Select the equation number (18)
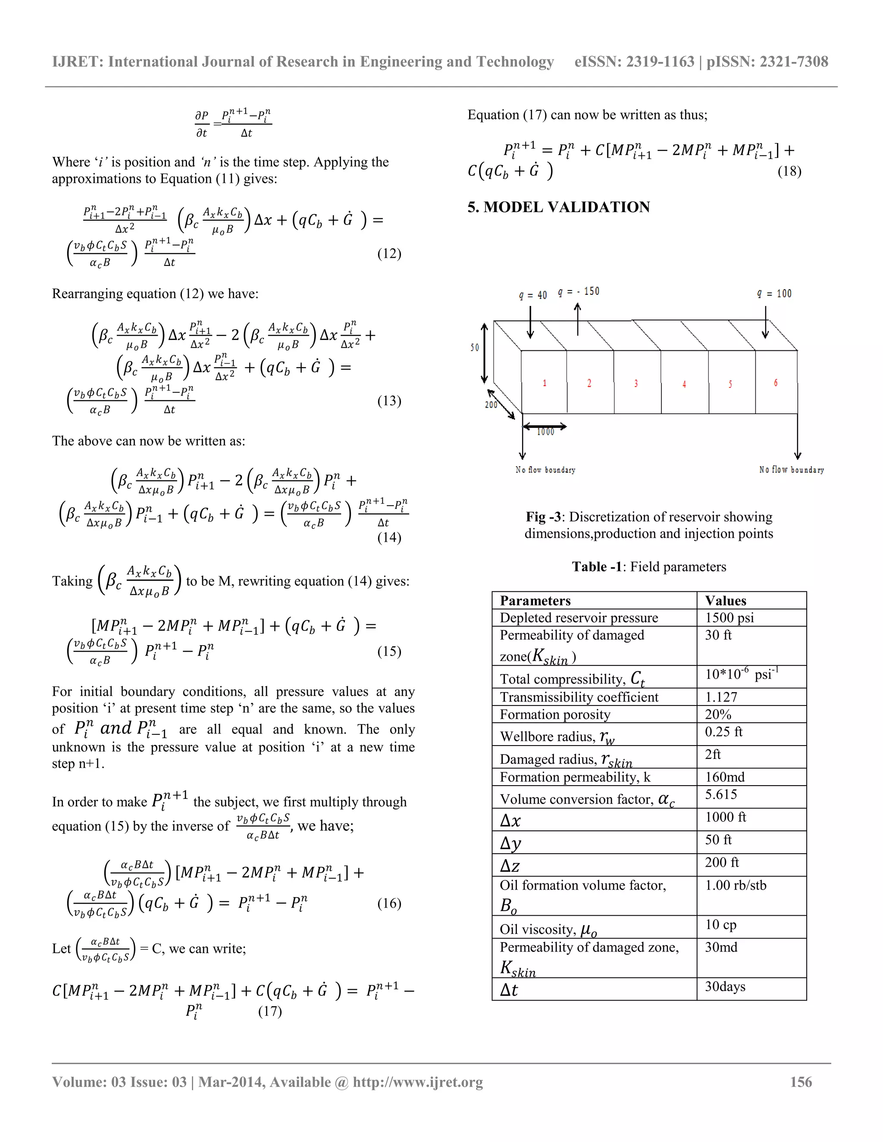(789, 172)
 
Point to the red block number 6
(775, 383)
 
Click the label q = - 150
(579, 291)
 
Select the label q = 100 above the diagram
(774, 294)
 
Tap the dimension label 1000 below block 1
(545, 432)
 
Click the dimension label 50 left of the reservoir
(474, 347)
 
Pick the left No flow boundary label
(545, 470)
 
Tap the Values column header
(725, 600)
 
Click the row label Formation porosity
(554, 714)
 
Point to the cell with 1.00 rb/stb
(735, 885)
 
